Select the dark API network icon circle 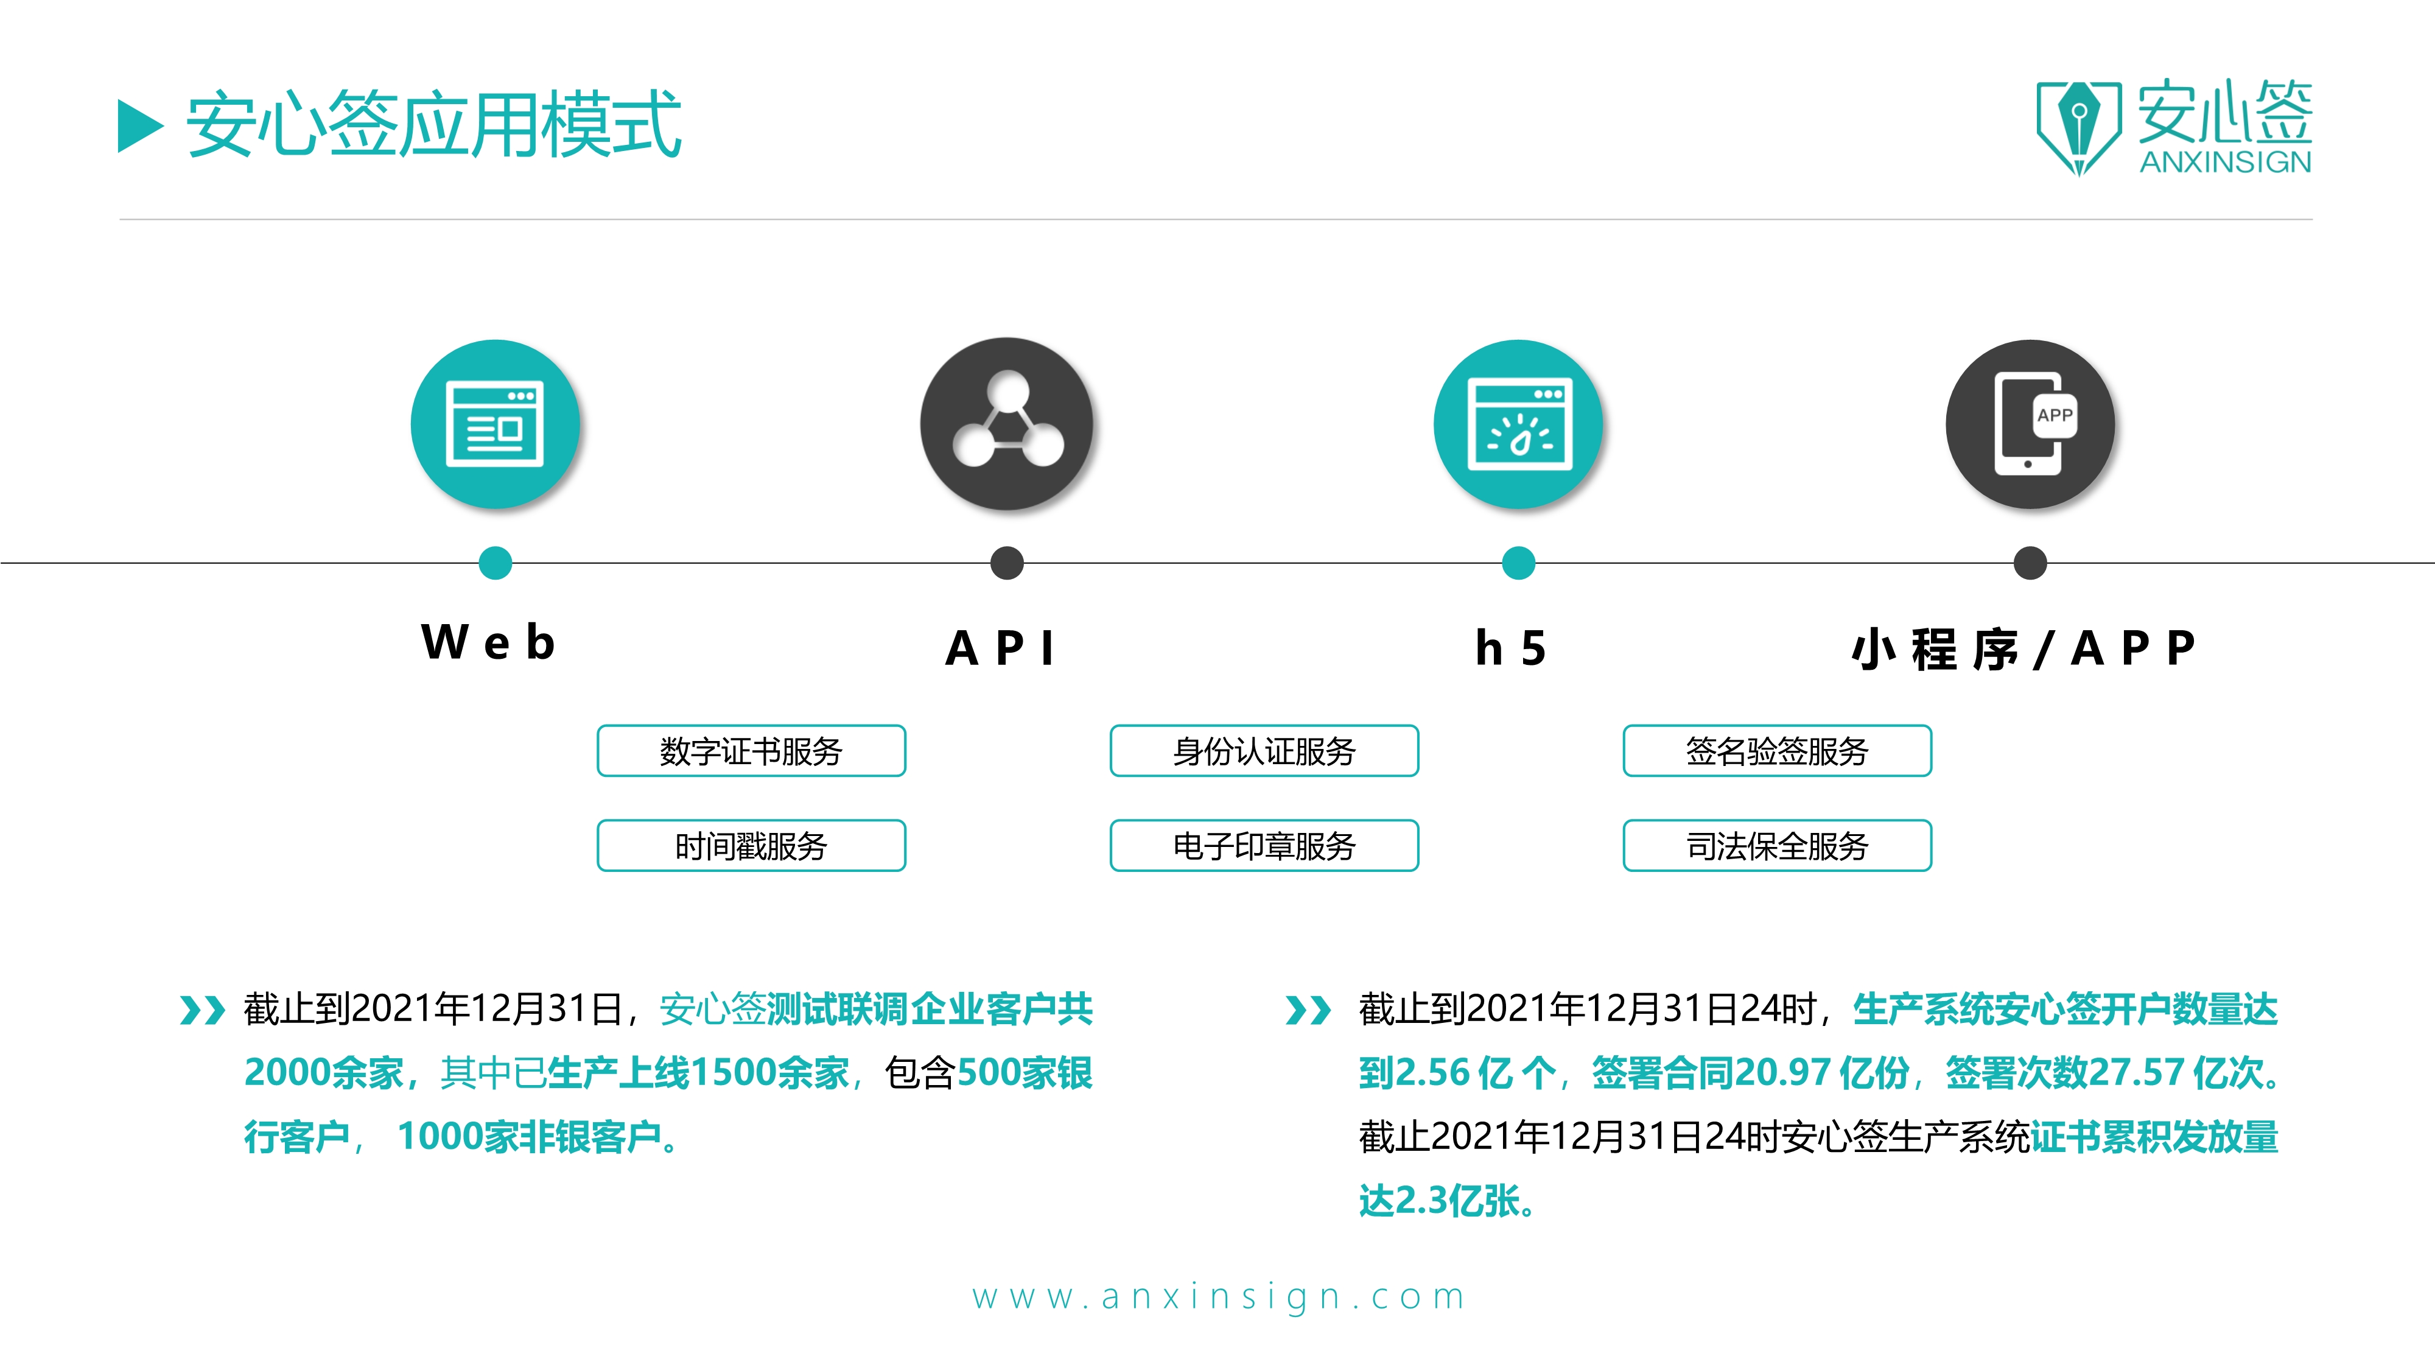(1007, 424)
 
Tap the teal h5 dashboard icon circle (1518, 424)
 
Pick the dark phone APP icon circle (2030, 424)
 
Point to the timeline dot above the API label (1007, 563)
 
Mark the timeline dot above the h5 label (1518, 563)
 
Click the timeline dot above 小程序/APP (2030, 563)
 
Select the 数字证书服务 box (751, 751)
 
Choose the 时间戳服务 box (751, 845)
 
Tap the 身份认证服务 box (1264, 751)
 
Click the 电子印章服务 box (1264, 845)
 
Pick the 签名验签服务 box (1777, 751)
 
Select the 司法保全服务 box (1777, 845)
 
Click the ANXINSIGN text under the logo (2225, 163)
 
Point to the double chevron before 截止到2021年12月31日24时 (1308, 1010)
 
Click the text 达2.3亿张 (1446, 1201)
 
